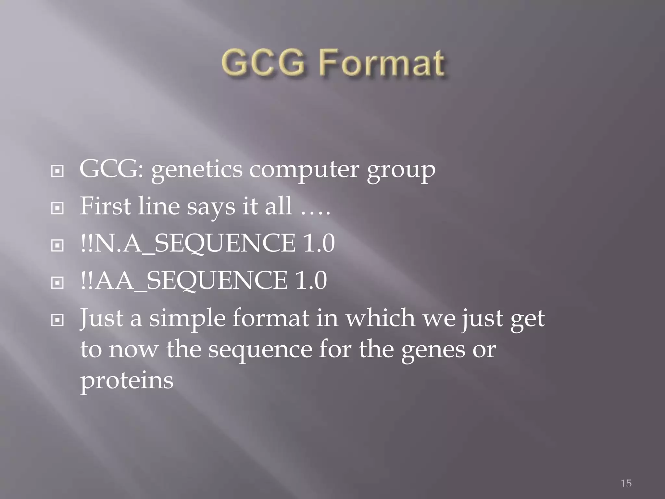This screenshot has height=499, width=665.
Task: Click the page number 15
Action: tap(626, 484)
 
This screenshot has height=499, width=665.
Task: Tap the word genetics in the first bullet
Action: tap(197, 170)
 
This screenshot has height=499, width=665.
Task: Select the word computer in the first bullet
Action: tap(304, 170)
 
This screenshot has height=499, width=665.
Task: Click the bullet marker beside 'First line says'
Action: tap(57, 209)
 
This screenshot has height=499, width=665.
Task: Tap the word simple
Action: tap(187, 318)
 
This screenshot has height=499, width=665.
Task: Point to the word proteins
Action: tap(127, 381)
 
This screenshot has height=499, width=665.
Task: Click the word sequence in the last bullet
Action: tap(260, 351)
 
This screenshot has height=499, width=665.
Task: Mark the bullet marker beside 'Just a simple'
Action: tap(57, 320)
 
